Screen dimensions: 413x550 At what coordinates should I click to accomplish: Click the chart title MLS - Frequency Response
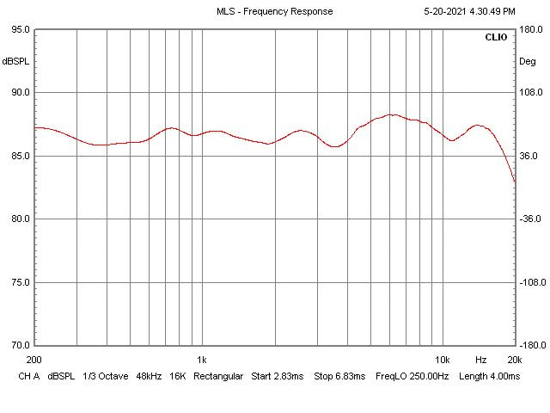pyautogui.click(x=275, y=11)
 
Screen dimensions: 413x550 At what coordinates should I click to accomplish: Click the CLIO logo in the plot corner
pyautogui.click(x=496, y=38)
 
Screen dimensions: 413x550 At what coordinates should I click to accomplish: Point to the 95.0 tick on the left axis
pyautogui.click(x=19, y=29)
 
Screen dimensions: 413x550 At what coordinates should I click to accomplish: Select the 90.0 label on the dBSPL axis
pyautogui.click(x=19, y=93)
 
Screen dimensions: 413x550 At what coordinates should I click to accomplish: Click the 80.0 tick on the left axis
pyautogui.click(x=19, y=219)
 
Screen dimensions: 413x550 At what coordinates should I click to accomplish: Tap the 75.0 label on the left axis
pyautogui.click(x=19, y=282)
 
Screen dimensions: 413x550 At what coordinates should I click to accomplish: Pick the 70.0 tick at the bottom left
pyautogui.click(x=19, y=345)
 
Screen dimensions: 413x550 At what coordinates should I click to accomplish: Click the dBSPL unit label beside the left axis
pyautogui.click(x=15, y=61)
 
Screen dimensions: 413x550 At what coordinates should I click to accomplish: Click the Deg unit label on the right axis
pyautogui.click(x=527, y=61)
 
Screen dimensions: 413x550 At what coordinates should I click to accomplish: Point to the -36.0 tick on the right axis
pyautogui.click(x=529, y=219)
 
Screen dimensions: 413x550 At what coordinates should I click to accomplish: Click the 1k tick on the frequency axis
pyautogui.click(x=201, y=360)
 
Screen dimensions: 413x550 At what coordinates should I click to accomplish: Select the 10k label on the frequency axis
pyautogui.click(x=443, y=360)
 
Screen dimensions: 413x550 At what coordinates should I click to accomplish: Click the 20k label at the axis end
pyautogui.click(x=514, y=360)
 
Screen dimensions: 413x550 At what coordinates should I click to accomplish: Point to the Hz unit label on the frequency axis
pyautogui.click(x=480, y=360)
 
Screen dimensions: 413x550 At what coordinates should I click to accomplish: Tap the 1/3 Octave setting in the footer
pyautogui.click(x=102, y=376)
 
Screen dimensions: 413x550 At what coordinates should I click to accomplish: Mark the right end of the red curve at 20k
pyautogui.click(x=515, y=182)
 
